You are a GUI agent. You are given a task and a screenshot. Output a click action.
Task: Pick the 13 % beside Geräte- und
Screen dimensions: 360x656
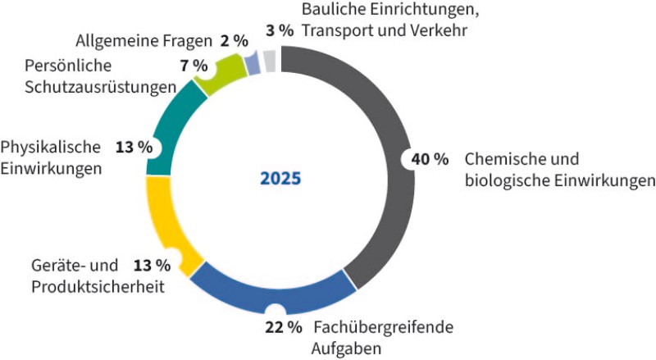point(152,265)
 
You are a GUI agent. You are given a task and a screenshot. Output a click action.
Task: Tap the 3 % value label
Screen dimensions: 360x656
point(280,30)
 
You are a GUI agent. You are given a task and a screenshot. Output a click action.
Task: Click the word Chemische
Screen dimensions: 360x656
point(499,159)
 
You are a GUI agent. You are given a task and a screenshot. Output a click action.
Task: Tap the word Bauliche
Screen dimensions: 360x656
point(330,10)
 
